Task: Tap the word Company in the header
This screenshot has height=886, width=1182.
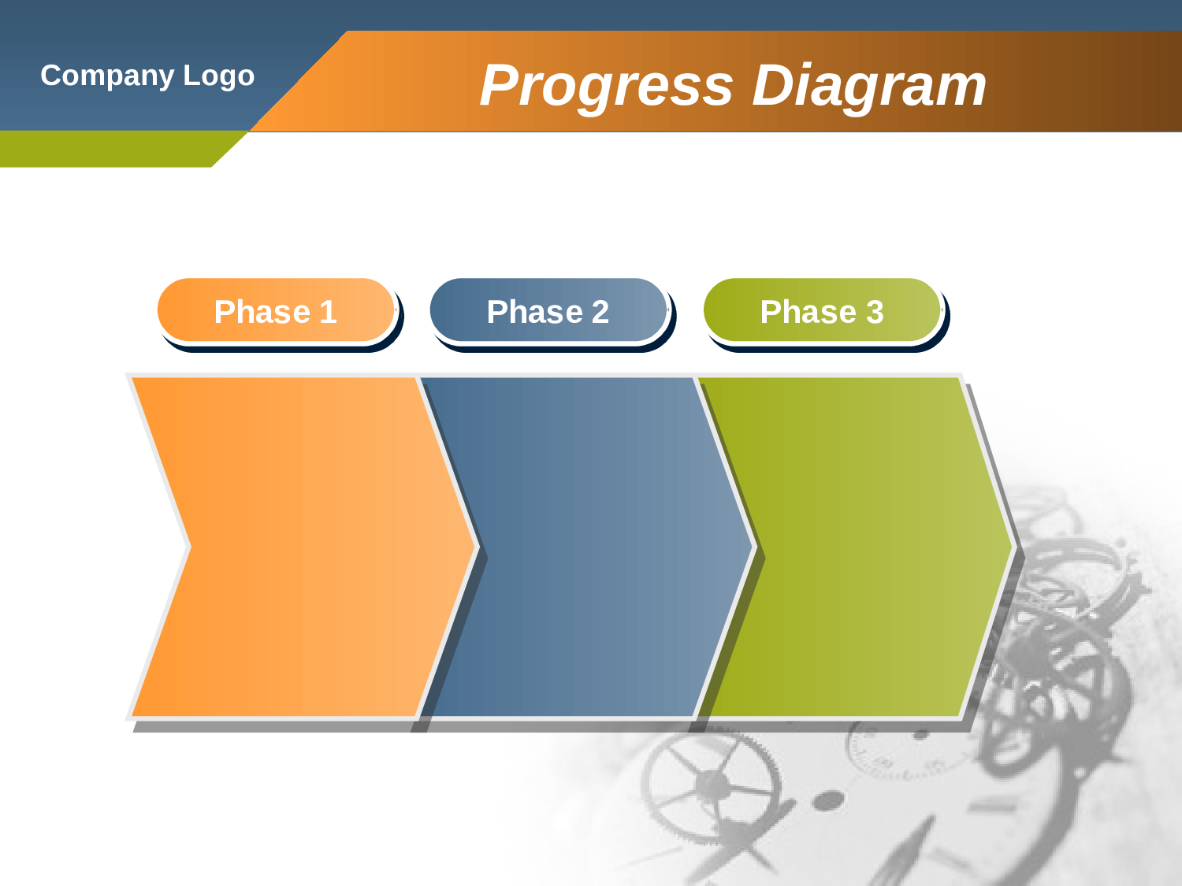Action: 107,76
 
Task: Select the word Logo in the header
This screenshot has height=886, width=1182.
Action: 219,76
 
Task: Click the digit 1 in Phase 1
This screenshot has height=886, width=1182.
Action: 329,312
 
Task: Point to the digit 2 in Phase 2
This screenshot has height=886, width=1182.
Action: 600,312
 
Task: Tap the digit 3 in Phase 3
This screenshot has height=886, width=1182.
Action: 875,312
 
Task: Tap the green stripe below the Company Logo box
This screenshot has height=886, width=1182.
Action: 110,149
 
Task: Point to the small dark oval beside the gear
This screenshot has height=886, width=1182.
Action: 827,802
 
